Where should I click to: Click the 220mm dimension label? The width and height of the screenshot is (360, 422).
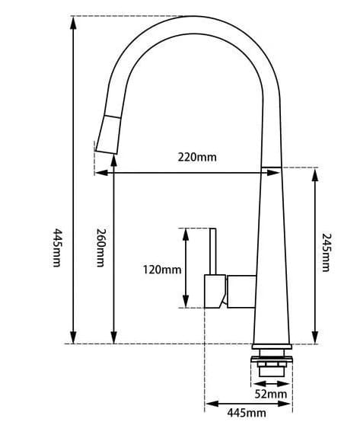(x=197, y=157)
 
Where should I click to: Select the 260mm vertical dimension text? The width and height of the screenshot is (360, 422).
(x=99, y=248)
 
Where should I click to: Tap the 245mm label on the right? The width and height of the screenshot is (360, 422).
(x=326, y=252)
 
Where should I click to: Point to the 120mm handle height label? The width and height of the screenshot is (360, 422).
(x=161, y=270)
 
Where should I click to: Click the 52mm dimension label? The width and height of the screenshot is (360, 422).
(x=271, y=394)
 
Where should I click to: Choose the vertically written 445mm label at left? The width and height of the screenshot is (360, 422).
(x=56, y=248)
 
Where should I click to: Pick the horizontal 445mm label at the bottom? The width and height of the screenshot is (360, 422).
(x=246, y=413)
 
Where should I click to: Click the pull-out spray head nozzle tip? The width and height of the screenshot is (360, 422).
(x=104, y=145)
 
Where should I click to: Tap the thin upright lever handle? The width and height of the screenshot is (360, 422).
(x=214, y=251)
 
